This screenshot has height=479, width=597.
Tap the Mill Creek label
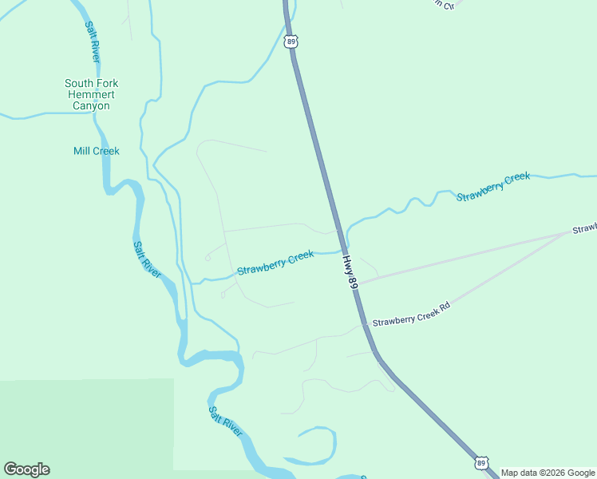pos(96,151)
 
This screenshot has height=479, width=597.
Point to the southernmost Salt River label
pos(225,422)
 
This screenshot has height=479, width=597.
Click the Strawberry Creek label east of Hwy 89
pos(493,186)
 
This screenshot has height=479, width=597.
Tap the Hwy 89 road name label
pos(349,275)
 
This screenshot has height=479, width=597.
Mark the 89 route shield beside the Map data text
pos(481,462)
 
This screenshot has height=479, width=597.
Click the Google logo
pos(26,469)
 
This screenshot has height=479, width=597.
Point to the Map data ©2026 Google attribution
pos(548,473)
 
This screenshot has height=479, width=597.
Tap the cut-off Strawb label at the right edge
pos(583,230)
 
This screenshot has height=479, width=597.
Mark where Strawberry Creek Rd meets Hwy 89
pos(366,323)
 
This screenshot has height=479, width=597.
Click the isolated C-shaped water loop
pos(319,445)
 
